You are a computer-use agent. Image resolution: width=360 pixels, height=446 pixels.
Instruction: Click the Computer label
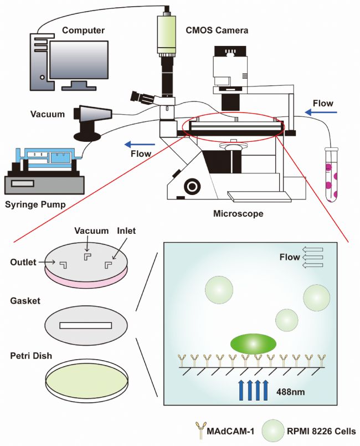click(x=83, y=30)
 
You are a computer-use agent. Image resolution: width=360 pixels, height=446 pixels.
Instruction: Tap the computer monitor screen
click(x=79, y=60)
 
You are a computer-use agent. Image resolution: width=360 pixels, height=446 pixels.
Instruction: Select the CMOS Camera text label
click(x=217, y=30)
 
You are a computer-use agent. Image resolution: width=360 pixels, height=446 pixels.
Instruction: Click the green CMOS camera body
click(x=167, y=34)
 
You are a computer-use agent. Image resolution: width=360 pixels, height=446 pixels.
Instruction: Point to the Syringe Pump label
click(x=35, y=204)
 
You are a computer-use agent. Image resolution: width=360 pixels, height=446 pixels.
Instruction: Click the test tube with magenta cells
click(x=331, y=175)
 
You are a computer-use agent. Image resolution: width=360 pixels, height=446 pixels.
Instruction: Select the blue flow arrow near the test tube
click(x=321, y=113)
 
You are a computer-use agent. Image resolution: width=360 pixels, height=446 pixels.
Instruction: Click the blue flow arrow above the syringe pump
click(x=140, y=145)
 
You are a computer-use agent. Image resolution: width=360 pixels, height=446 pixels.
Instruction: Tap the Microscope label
click(x=238, y=213)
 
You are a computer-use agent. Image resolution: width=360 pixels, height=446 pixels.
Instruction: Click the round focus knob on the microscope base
click(x=192, y=187)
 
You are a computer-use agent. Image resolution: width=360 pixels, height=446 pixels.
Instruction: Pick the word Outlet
click(x=23, y=262)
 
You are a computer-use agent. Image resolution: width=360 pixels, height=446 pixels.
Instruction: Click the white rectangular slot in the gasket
click(x=86, y=325)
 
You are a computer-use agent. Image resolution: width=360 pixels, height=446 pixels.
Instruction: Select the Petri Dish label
click(x=31, y=356)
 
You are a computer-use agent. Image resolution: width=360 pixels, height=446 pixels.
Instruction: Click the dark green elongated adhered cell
click(x=253, y=344)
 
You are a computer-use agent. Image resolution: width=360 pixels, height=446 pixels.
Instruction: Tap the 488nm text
click(x=290, y=392)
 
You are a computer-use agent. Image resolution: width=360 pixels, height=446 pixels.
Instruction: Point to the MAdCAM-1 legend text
click(x=230, y=432)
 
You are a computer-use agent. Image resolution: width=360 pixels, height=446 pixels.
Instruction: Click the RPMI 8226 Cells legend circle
click(x=273, y=431)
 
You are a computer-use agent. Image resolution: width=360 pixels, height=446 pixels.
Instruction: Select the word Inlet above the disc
click(x=126, y=230)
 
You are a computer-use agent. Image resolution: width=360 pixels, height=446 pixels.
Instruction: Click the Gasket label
click(x=25, y=301)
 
